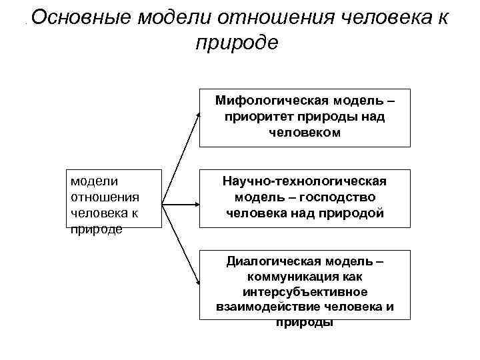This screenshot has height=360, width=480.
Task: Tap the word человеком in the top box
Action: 305,132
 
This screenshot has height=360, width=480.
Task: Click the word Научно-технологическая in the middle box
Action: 305,181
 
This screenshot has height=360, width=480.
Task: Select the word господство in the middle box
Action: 338,197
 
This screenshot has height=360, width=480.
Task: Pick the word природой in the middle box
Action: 353,213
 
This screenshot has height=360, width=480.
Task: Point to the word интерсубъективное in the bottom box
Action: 305,292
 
